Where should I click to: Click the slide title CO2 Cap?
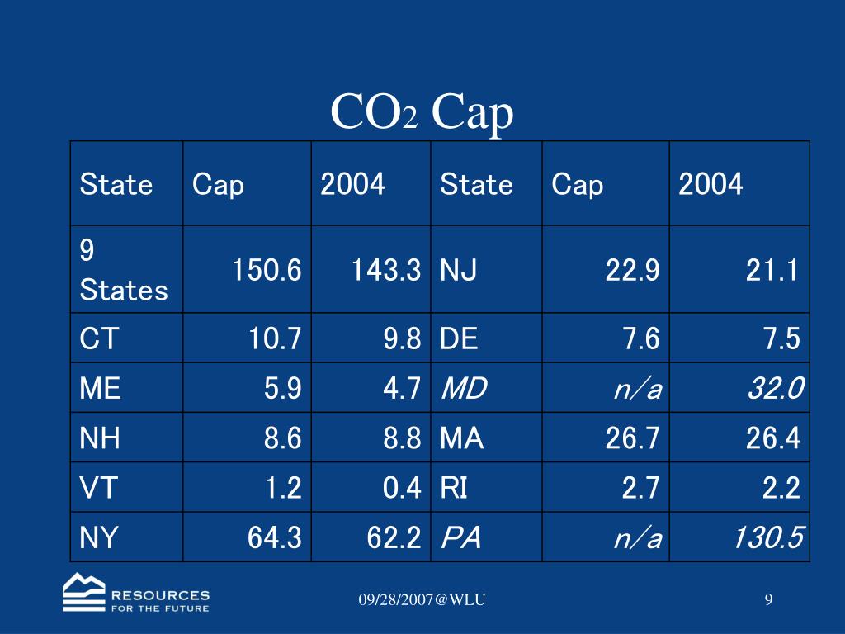pos(422,113)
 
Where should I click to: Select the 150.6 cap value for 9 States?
pos(267,270)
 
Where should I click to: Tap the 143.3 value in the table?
pos(386,270)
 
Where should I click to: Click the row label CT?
pos(98,338)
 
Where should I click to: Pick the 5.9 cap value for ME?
pos(283,388)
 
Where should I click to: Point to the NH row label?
pos(100,438)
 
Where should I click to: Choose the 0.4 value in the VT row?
pos(402,488)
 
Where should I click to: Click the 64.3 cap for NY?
pos(275,538)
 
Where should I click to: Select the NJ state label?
pos(458,270)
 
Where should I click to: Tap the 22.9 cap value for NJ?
pos(632,270)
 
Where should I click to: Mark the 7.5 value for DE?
pos(783,338)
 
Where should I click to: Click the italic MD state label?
pos(464,388)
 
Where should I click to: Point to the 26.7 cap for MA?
pos(632,438)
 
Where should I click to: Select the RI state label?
pos(454,488)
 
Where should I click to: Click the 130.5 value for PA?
pos(767,538)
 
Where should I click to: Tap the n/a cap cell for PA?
pos(637,538)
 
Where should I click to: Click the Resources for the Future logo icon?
pos(84,592)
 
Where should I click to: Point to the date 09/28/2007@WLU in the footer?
pos(422,599)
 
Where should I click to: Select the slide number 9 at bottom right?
pos(768,599)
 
